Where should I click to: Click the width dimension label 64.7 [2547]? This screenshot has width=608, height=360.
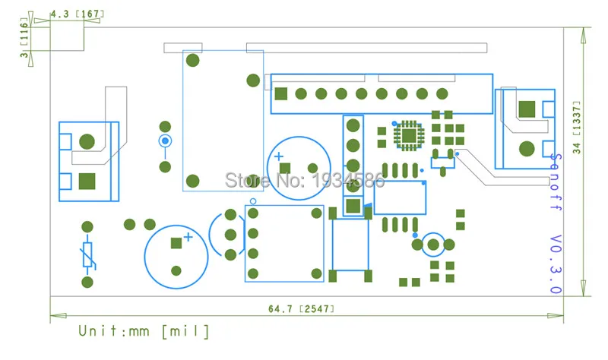pos(301,309)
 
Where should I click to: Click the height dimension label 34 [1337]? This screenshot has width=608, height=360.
pos(577,128)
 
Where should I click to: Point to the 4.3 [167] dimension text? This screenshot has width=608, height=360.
pos(78,14)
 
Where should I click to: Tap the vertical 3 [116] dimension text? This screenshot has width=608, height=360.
pos(24,37)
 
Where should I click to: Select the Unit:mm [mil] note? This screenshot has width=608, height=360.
pos(144,331)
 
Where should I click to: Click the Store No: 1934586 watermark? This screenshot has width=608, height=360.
pos(305,180)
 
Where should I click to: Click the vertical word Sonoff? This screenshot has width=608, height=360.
pos(556,182)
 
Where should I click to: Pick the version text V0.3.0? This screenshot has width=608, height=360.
pos(556,264)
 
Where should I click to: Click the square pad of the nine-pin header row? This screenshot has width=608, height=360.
pos(280,93)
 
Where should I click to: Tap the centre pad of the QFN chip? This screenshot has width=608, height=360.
pos(408,136)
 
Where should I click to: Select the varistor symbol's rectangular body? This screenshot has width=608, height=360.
pos(87,254)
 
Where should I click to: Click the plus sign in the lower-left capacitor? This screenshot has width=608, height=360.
pos(188,237)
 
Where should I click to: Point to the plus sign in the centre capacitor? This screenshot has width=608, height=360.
pos(278,156)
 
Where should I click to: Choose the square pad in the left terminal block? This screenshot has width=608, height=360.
pos(87,182)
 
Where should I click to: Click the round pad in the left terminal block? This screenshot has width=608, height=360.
pos(87,142)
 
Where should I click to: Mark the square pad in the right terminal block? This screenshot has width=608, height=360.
pos(527,109)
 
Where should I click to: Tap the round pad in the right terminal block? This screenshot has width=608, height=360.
pos(527,149)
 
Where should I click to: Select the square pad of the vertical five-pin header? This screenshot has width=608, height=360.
pos(353,206)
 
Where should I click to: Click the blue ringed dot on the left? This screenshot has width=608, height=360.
pos(165,141)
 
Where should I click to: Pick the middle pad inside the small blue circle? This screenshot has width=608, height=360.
pos(433,245)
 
